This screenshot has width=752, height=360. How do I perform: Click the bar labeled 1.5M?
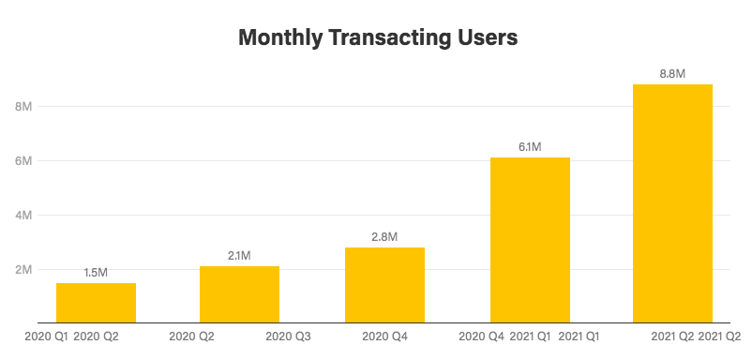point(96,303)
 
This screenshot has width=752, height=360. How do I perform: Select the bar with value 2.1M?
point(239,294)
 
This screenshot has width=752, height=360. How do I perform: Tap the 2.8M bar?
point(384,285)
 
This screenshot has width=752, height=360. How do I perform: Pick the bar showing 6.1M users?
point(530,240)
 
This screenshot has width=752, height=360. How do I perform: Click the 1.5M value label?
point(96,272)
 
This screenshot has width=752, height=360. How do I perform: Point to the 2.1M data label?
point(239,255)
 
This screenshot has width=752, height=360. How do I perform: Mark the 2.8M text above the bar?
point(384,236)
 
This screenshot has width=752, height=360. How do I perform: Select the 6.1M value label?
point(530,146)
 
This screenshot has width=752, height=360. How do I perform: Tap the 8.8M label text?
point(672,73)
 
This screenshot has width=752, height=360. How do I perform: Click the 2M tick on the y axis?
point(23,270)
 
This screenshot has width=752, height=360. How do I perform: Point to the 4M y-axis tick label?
point(23,216)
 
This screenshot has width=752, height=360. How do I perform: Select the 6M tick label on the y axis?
point(23,161)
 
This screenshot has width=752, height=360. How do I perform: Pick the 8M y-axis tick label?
point(23,107)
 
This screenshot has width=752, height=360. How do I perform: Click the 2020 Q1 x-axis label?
point(45,335)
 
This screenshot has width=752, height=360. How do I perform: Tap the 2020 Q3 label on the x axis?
point(288,335)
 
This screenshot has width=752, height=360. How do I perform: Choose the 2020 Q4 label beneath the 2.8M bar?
point(384,335)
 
